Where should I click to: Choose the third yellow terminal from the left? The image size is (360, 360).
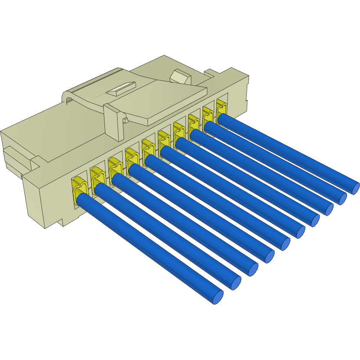115,168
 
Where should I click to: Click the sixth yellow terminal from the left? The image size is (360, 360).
164,140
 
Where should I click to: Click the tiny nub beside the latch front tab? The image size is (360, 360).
125,119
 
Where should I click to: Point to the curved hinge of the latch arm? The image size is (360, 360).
69,98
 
